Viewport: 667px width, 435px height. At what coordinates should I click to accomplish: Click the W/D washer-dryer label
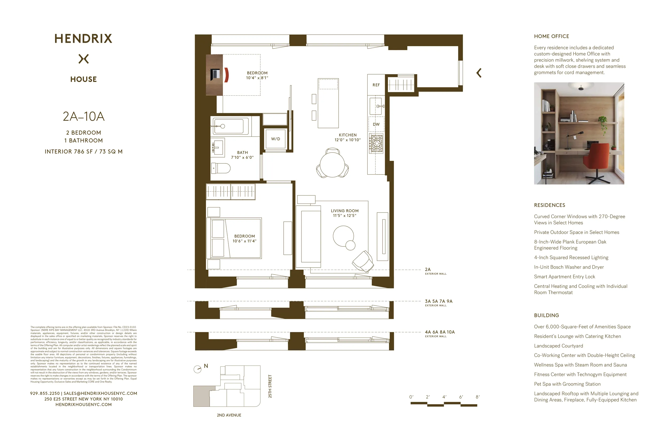point(276,139)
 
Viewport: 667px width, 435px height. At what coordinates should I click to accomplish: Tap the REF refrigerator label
point(376,85)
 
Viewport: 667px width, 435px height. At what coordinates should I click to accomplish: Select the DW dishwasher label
point(376,124)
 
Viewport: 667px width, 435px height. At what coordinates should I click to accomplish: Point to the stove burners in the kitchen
point(376,143)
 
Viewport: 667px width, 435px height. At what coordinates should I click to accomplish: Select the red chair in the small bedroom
point(227,75)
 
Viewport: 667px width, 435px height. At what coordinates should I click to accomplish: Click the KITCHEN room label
point(348,135)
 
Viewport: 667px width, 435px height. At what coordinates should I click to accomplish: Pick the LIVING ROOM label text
point(344,211)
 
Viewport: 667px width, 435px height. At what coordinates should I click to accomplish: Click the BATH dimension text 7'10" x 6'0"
point(242,157)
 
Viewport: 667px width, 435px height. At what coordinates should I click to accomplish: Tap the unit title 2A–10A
point(84,116)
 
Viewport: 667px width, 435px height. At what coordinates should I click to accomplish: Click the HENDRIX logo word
point(83,39)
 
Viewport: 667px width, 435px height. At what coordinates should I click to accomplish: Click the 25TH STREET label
point(270,386)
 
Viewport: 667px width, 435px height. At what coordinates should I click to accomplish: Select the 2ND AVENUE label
point(229,415)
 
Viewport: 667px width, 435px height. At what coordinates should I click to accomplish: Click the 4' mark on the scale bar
point(444,397)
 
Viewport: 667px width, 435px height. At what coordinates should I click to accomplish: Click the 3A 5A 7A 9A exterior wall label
point(439,301)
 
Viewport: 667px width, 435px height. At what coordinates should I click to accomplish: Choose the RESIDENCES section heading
point(549,205)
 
